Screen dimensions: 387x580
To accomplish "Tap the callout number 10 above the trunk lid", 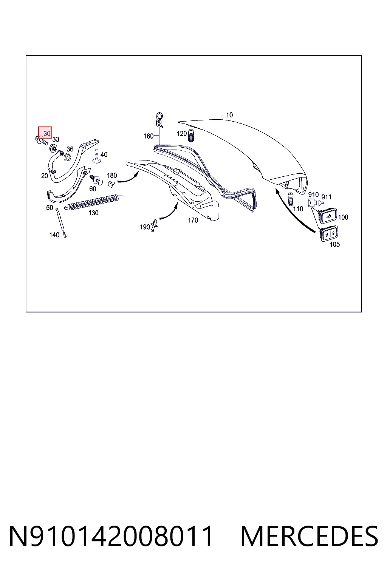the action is pos(229,115).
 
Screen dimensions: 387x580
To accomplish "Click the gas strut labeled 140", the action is pos(61,223).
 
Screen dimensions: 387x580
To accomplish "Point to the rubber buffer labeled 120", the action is pos(191,135).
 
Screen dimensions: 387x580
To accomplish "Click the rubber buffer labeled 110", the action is pos(290,199).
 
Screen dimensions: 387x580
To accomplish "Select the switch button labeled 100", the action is pos(328,216).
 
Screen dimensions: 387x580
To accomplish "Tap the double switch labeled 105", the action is pos(329,234).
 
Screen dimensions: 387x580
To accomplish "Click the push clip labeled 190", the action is pos(154,225).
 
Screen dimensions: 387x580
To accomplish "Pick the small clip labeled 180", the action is pos(111,184).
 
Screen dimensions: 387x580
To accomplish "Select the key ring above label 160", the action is pos(159,119).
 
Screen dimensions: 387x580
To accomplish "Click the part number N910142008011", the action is pos(111,536).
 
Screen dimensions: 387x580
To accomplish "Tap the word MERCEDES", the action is pos(309,536).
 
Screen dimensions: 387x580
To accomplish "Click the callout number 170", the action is pos(193,220).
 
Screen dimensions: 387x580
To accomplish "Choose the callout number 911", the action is pos(327,197).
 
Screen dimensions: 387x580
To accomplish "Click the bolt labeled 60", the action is pos(96,179).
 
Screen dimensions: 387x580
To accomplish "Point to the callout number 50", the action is pos(50,208).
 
